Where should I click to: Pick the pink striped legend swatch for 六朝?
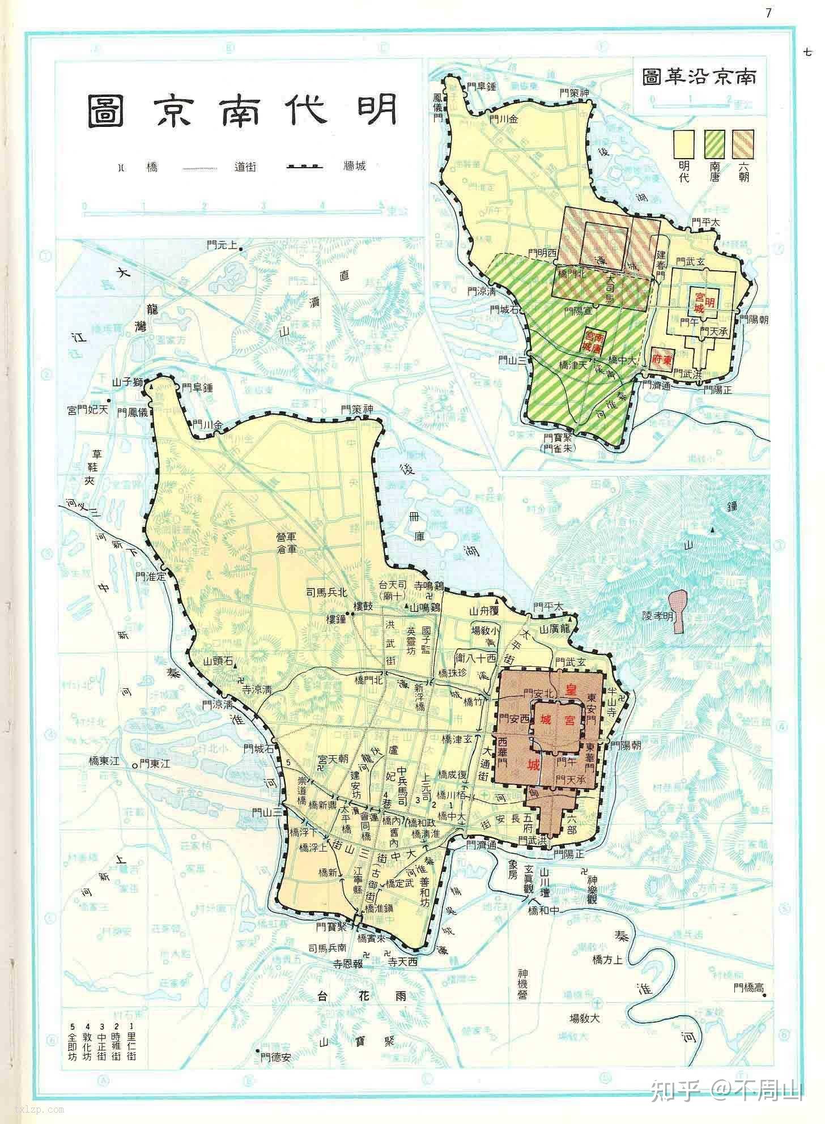(743, 144)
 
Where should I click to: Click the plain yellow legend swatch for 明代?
(684, 144)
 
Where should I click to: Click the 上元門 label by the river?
(222, 245)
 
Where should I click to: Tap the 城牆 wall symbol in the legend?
(304, 167)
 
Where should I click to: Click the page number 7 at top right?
(768, 12)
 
